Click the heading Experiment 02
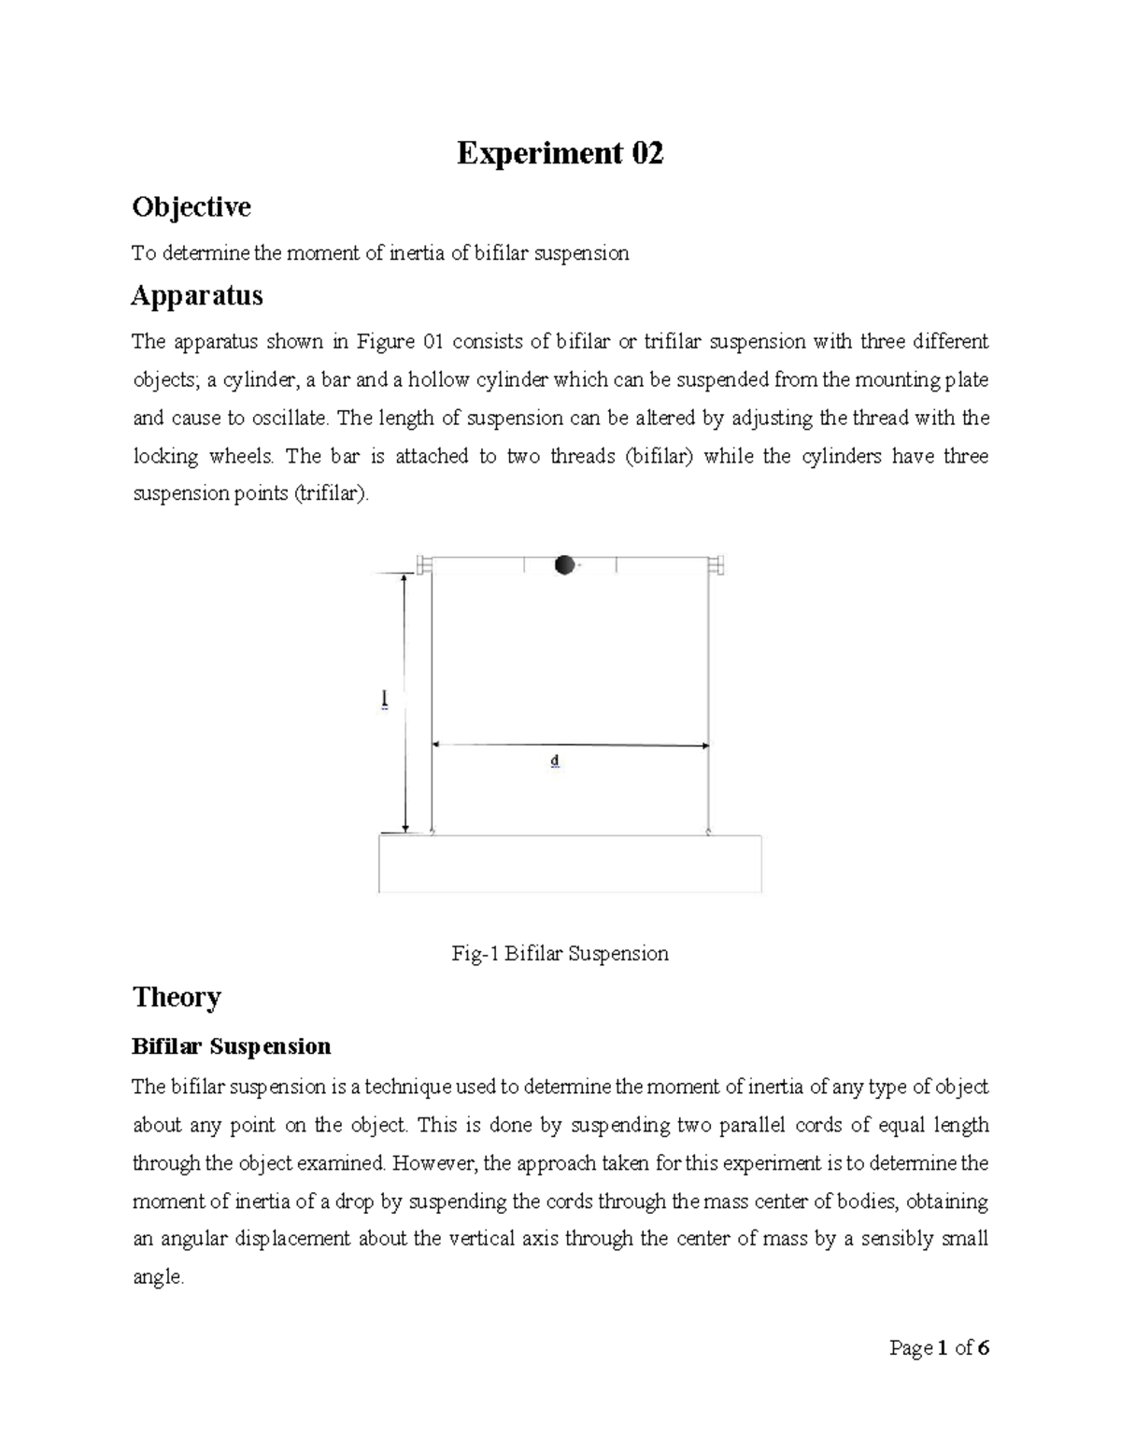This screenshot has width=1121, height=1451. tap(560, 153)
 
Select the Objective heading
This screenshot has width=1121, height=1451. tap(192, 206)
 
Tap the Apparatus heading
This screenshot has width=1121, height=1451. tap(197, 296)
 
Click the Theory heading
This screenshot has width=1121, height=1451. tap(177, 997)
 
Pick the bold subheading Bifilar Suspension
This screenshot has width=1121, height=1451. tap(231, 1046)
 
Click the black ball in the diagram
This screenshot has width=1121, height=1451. tap(563, 565)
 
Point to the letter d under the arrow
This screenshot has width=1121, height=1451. tap(555, 761)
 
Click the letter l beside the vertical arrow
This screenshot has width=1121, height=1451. tap(384, 700)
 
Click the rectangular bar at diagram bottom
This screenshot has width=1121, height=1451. tap(570, 863)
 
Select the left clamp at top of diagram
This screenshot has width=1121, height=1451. tap(424, 564)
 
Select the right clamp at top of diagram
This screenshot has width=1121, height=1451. tap(717, 564)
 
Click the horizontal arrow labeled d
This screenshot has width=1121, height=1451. tap(570, 745)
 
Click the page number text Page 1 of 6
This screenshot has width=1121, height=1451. tap(939, 1348)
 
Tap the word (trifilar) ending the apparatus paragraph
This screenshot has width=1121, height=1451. tap(332, 494)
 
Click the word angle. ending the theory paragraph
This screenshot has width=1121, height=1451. tap(158, 1277)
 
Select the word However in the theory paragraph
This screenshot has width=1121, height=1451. tap(438, 1163)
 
